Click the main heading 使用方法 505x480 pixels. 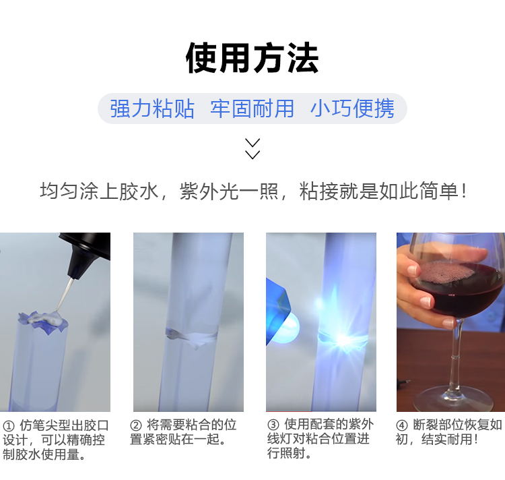252,58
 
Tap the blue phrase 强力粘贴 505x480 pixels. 152,109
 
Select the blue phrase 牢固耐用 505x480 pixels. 252,109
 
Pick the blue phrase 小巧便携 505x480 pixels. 352,109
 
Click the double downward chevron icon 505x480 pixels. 252,149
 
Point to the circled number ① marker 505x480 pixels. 9,426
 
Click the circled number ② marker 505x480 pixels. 136,425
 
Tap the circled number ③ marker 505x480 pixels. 273,425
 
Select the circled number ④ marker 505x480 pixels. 401,425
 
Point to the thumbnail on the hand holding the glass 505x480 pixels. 425,302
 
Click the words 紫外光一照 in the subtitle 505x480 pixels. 229,191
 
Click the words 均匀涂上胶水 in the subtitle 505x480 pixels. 99,191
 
